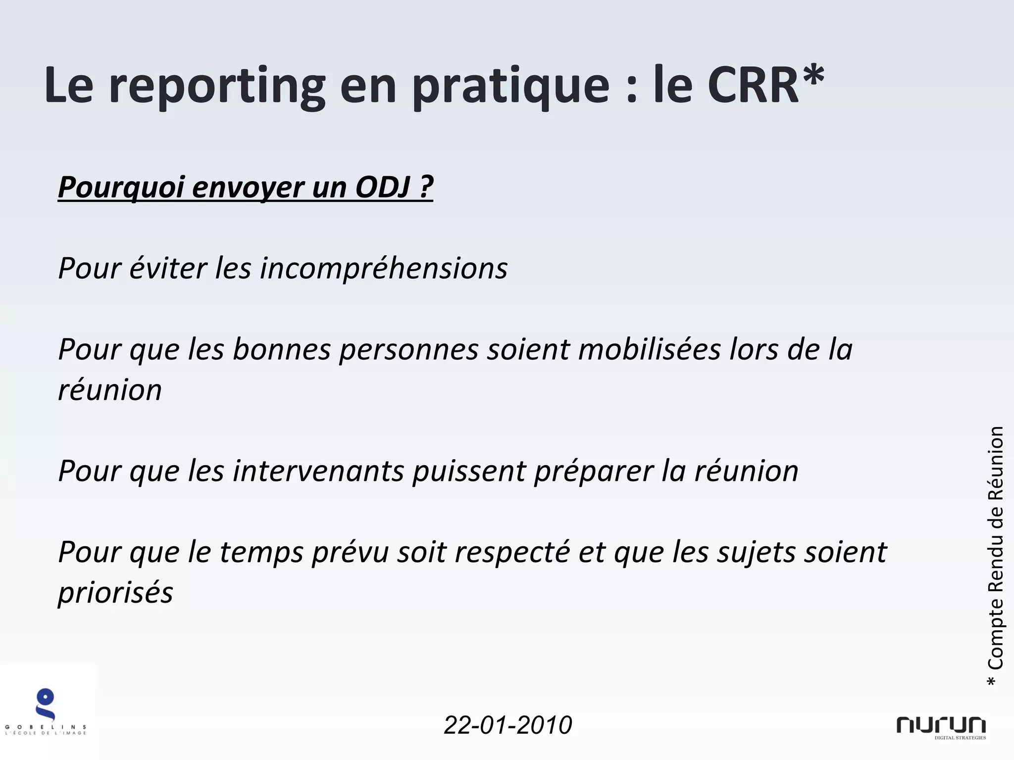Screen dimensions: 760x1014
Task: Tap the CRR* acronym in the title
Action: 765,86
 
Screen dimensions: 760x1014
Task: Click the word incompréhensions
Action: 384,269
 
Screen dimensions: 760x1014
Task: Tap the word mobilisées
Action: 649,350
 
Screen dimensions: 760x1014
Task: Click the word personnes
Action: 408,350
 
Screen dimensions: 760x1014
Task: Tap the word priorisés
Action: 115,593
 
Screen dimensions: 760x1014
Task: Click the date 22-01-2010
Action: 507,725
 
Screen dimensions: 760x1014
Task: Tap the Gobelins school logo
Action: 46,712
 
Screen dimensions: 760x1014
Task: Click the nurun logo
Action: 941,726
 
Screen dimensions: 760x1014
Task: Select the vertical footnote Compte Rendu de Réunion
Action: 995,554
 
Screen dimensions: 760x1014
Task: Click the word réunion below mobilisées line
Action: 110,390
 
